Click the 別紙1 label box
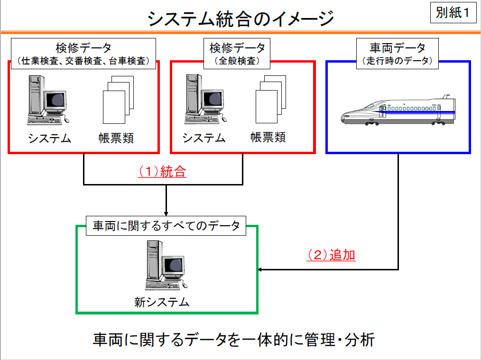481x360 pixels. pyautogui.click(x=453, y=13)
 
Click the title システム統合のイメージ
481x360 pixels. pyautogui.click(x=240, y=19)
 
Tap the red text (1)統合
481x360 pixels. pyautogui.click(x=162, y=171)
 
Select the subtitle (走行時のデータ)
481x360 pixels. pyautogui.click(x=398, y=61)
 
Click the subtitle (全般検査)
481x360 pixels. pyautogui.click(x=238, y=61)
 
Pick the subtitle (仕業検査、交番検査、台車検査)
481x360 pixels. pyautogui.click(x=83, y=61)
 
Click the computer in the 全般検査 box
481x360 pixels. pyautogui.click(x=203, y=99)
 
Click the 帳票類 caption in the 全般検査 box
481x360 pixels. pyautogui.click(x=268, y=138)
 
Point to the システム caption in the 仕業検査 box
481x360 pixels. pyautogui.click(x=49, y=138)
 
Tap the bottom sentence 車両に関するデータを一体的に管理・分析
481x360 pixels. pyautogui.click(x=234, y=340)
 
